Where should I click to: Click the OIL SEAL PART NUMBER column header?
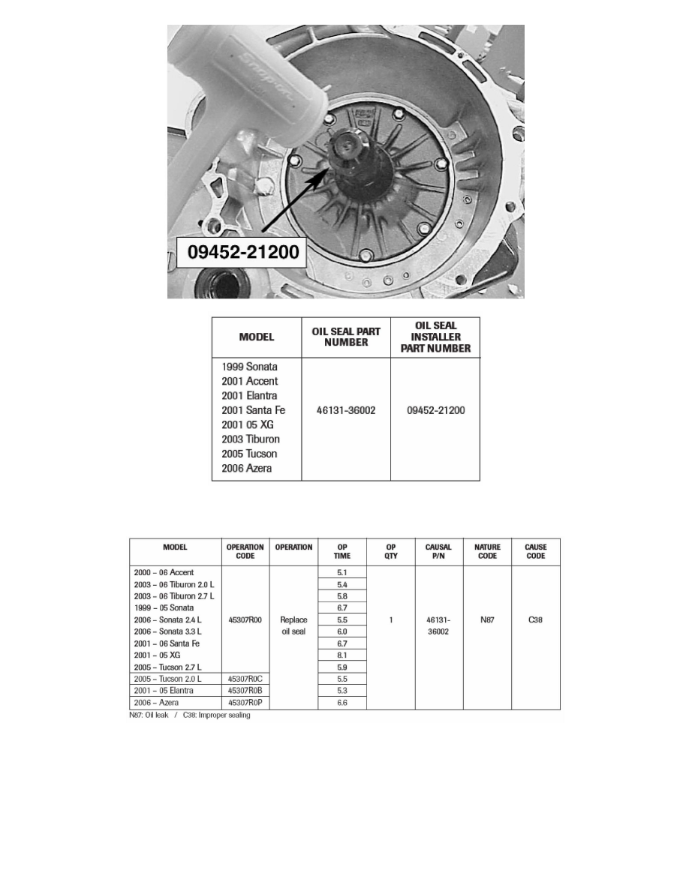coord(345,337)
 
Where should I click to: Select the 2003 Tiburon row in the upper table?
coord(250,439)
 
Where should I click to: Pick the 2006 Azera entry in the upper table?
coord(247,468)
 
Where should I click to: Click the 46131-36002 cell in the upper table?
coord(345,410)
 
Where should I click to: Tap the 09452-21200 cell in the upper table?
coord(435,410)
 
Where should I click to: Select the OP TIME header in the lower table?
coord(342,551)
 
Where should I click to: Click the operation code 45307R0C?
coord(245,679)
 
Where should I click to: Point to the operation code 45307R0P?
coord(245,703)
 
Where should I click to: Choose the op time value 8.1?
coord(342,655)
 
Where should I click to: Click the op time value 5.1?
coord(342,573)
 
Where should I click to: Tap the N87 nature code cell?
coord(487,620)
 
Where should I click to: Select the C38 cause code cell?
coord(536,620)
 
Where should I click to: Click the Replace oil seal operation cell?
coord(293,626)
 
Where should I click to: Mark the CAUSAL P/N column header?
coord(439,551)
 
